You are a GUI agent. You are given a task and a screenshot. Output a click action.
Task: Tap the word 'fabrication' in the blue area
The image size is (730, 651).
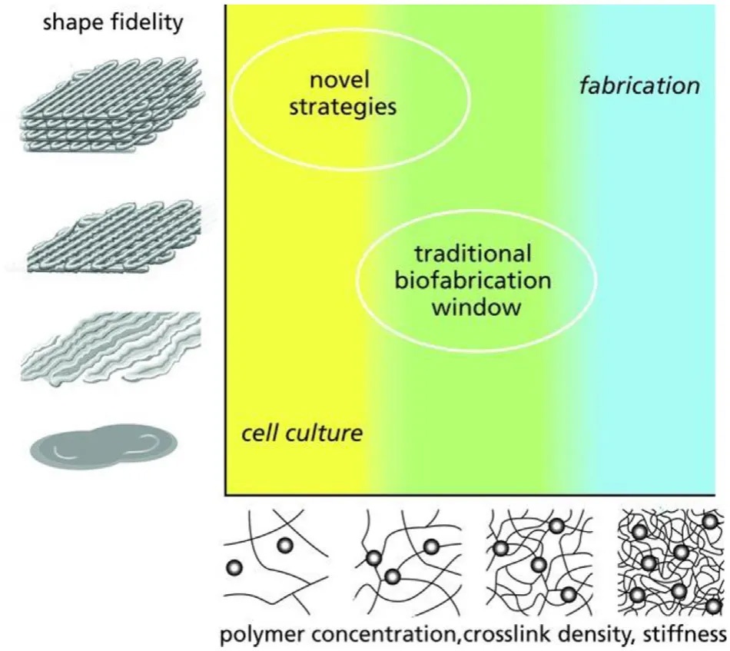[639, 85]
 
